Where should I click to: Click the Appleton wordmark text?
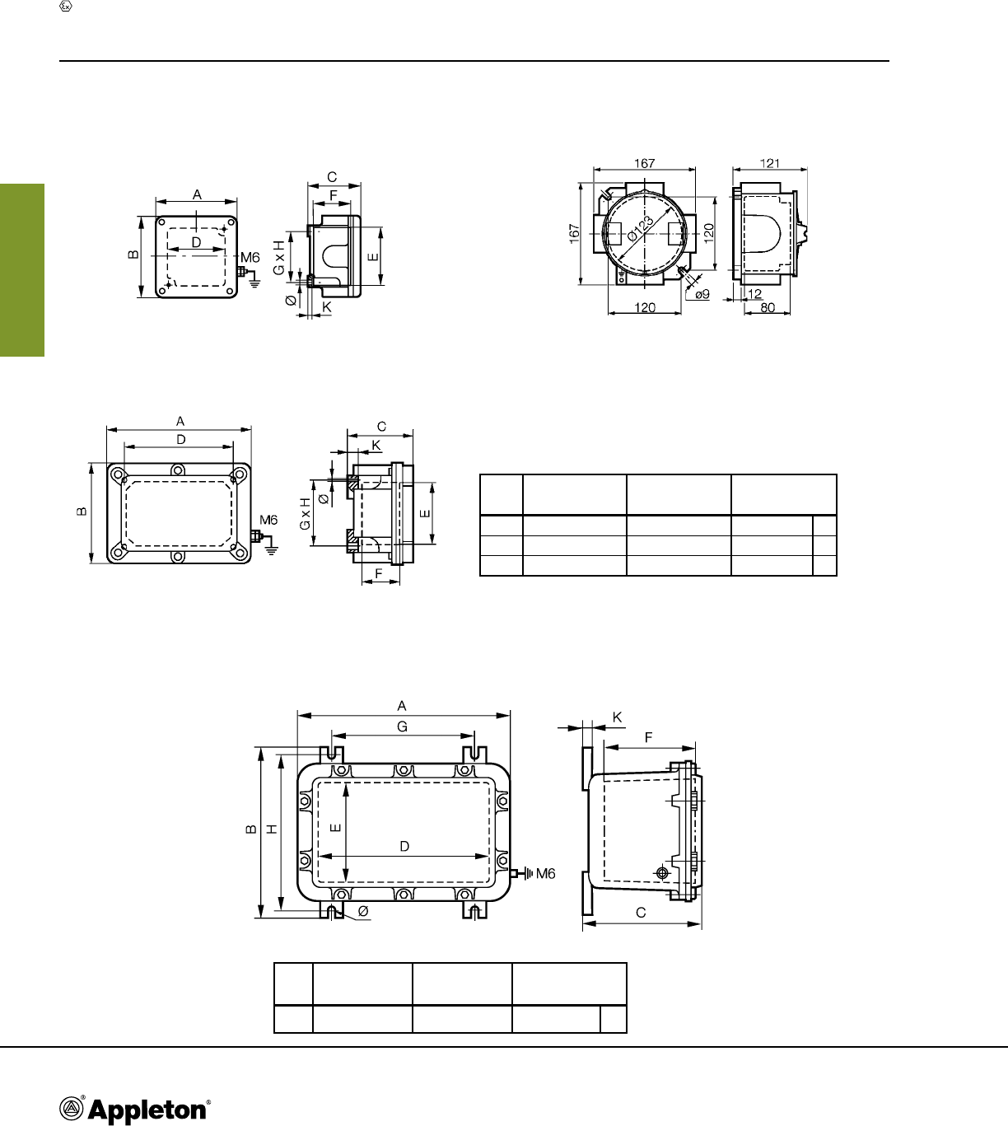click(147, 1110)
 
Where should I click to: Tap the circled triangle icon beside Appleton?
click(71, 1109)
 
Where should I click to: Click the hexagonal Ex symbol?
click(66, 7)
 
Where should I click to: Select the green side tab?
click(22, 270)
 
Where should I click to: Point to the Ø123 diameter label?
click(641, 229)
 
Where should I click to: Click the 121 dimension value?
click(770, 163)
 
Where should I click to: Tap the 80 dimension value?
click(768, 307)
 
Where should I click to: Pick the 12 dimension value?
click(754, 293)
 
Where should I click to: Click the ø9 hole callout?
click(702, 294)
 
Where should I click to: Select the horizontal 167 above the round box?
click(645, 163)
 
